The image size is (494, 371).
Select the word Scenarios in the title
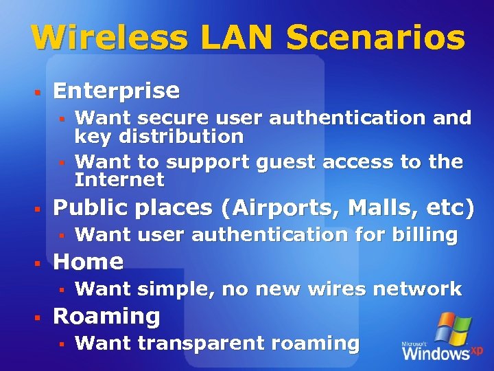click(x=376, y=38)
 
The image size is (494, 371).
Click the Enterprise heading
click(x=116, y=91)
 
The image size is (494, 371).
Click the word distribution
click(x=181, y=136)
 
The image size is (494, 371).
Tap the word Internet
click(x=119, y=180)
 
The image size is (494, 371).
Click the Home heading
click(x=88, y=262)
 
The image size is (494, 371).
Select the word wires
click(x=337, y=289)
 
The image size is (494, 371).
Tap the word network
click(x=416, y=289)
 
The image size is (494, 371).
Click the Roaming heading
click(x=106, y=317)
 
